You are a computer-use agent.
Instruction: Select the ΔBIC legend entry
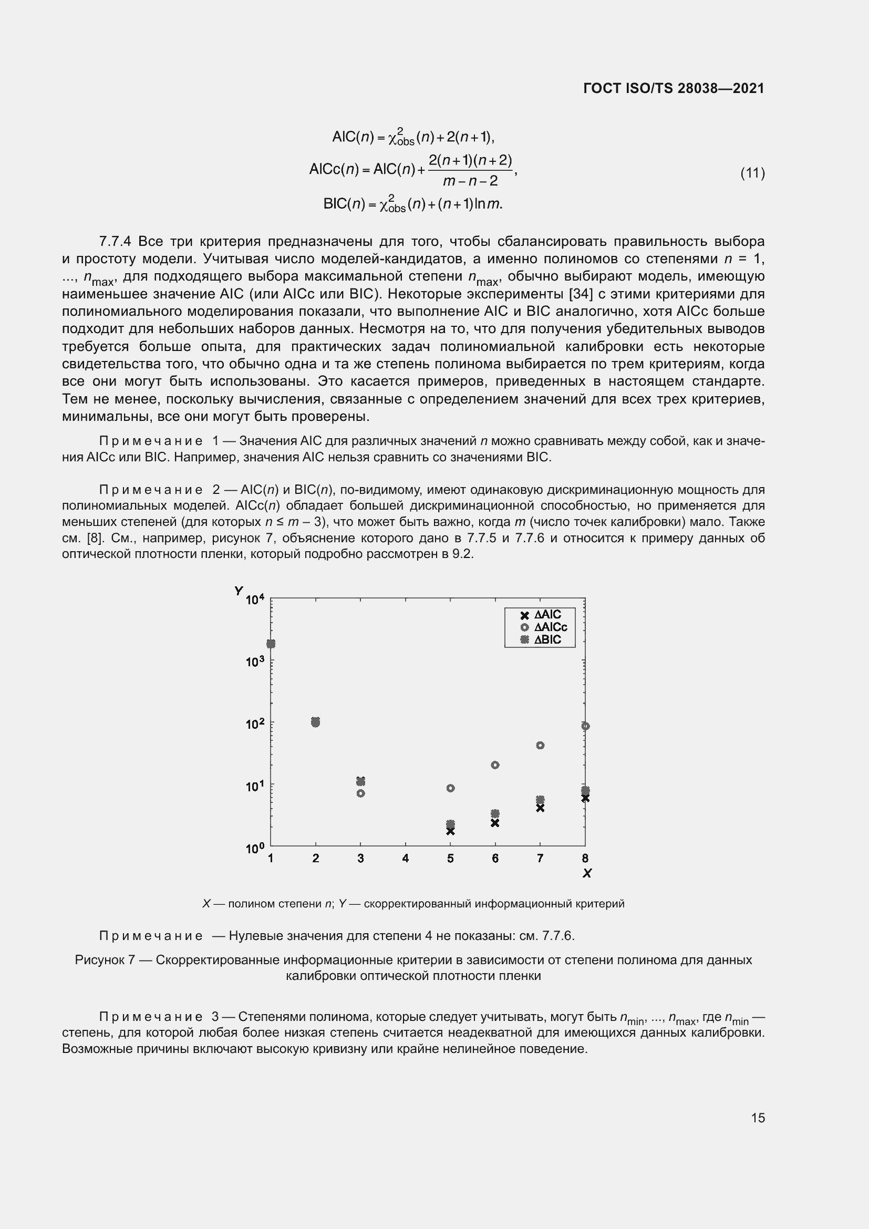click(542, 639)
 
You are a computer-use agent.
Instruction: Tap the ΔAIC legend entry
click(542, 615)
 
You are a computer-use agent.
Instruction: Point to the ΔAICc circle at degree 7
click(540, 745)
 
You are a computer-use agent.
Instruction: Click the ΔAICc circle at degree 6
click(495, 765)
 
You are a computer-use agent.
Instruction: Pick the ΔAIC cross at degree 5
click(450, 831)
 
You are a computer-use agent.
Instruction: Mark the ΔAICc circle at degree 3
click(360, 793)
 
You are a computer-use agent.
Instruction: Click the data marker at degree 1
click(271, 644)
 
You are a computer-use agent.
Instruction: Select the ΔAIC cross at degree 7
click(540, 808)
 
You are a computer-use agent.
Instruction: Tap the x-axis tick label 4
click(405, 859)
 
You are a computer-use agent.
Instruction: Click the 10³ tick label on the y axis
click(255, 662)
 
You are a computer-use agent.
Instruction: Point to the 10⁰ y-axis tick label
click(255, 849)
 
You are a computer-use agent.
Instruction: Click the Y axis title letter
click(238, 591)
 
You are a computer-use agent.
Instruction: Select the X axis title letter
click(586, 874)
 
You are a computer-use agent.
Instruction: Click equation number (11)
click(752, 173)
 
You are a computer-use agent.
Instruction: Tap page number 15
click(758, 1118)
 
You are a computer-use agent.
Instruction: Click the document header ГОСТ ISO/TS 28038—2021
click(674, 88)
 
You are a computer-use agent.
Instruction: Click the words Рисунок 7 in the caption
click(105, 960)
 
